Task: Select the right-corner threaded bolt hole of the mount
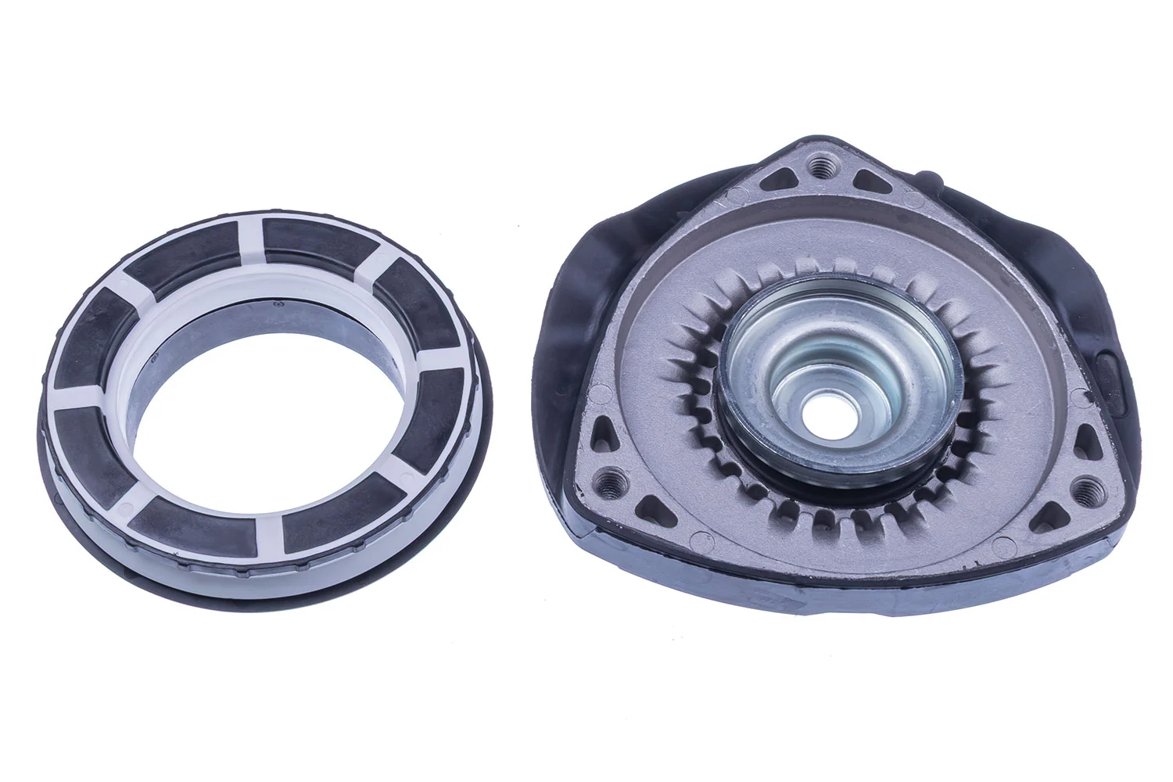[x=1086, y=490]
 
